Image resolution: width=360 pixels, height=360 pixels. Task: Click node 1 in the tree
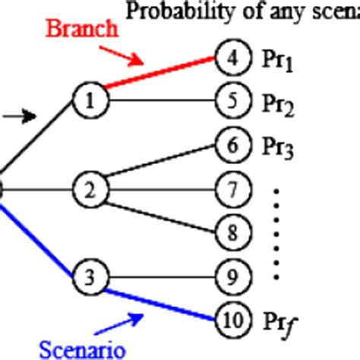click(x=89, y=98)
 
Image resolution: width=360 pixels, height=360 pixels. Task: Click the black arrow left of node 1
click(x=20, y=115)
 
